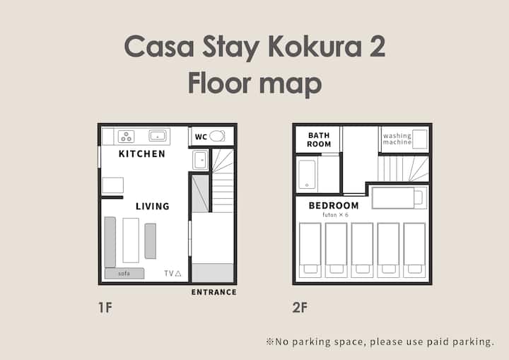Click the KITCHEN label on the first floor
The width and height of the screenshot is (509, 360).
coord(142,153)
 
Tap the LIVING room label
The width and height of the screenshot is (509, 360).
coord(153,206)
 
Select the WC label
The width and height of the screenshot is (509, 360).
coord(201,137)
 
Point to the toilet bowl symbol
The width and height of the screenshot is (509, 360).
coord(217,136)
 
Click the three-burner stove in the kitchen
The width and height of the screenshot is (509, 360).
coord(127,137)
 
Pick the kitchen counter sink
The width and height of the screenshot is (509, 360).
coord(158,136)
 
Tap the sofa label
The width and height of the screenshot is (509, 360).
coord(124,274)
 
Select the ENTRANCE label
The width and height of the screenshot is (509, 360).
coord(214,292)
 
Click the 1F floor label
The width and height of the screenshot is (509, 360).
coord(105,308)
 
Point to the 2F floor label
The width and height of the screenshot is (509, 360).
coord(300,308)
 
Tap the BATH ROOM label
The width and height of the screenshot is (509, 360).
coord(319,140)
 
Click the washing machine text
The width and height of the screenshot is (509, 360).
coord(397,139)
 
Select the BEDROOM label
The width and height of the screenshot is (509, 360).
coord(334,205)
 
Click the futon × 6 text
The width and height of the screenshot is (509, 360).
coord(335,215)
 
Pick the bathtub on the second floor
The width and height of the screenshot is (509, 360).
coord(307,175)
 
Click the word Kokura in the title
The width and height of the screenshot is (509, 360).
coord(315,47)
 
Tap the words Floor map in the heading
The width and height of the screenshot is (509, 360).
coord(255,83)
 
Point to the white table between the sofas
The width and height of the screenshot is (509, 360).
coord(131,240)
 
